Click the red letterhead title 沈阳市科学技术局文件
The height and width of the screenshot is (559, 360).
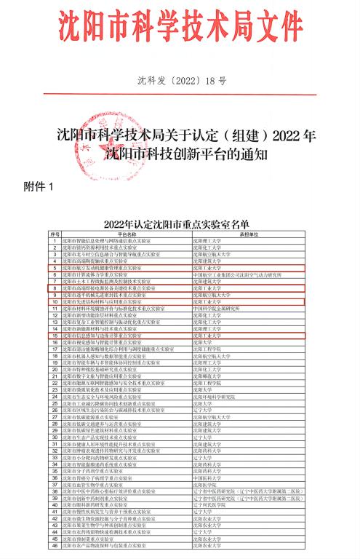180,27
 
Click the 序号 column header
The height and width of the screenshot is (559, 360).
55,233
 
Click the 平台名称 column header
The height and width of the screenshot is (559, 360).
128,233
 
